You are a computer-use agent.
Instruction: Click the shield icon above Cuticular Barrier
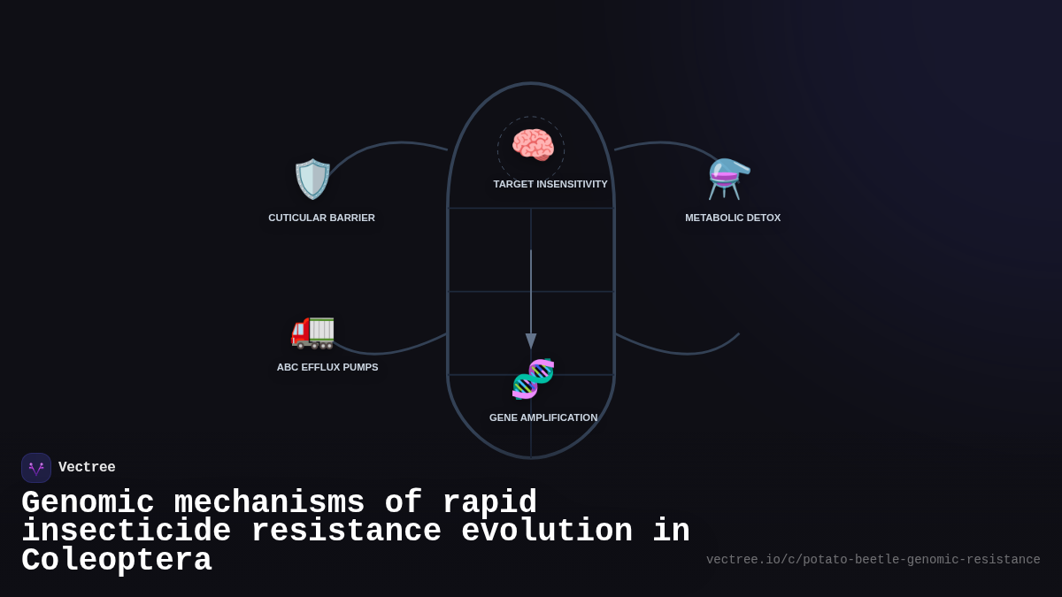(312, 179)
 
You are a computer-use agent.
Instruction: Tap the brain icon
(532, 146)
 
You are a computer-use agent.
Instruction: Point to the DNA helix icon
(533, 379)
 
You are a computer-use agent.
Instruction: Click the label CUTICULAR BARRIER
(321, 218)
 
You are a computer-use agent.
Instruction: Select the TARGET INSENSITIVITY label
(550, 184)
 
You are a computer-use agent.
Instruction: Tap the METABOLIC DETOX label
(733, 218)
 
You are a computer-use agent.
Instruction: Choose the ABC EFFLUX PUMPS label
(327, 367)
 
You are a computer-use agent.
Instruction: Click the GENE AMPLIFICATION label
(543, 417)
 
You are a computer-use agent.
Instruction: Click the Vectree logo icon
(36, 468)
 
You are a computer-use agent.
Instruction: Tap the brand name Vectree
(87, 468)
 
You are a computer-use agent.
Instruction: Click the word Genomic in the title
(88, 503)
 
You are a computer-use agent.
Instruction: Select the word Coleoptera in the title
(116, 561)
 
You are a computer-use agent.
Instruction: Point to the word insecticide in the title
(126, 532)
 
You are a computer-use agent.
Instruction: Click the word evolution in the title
(547, 532)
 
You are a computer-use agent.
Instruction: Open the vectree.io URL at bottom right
(873, 560)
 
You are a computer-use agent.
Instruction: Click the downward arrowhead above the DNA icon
(531, 341)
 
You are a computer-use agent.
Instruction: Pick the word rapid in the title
(489, 503)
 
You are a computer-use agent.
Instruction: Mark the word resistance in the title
(346, 532)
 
